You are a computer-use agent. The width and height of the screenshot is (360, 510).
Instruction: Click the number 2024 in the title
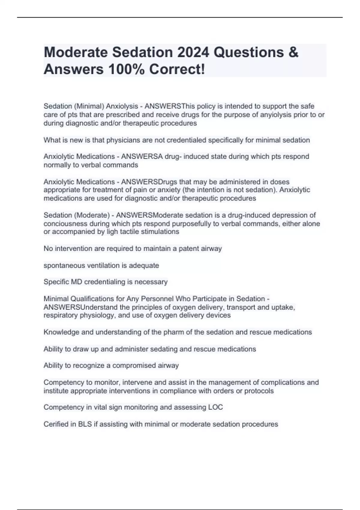pyautogui.click(x=193, y=52)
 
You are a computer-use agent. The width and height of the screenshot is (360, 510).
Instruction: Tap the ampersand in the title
pyautogui.click(x=294, y=52)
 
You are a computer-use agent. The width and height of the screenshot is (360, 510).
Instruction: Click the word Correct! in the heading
pyautogui.click(x=177, y=69)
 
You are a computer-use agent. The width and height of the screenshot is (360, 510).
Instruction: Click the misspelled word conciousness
pyautogui.click(x=63, y=223)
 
